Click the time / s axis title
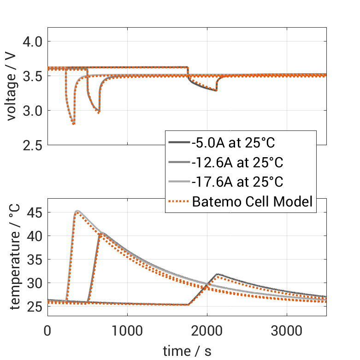pyautogui.click(x=187, y=351)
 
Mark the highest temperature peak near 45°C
pyautogui.click(x=77, y=211)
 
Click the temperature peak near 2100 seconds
pyautogui.click(x=217, y=274)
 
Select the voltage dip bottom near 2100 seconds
pyautogui.click(x=216, y=90)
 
